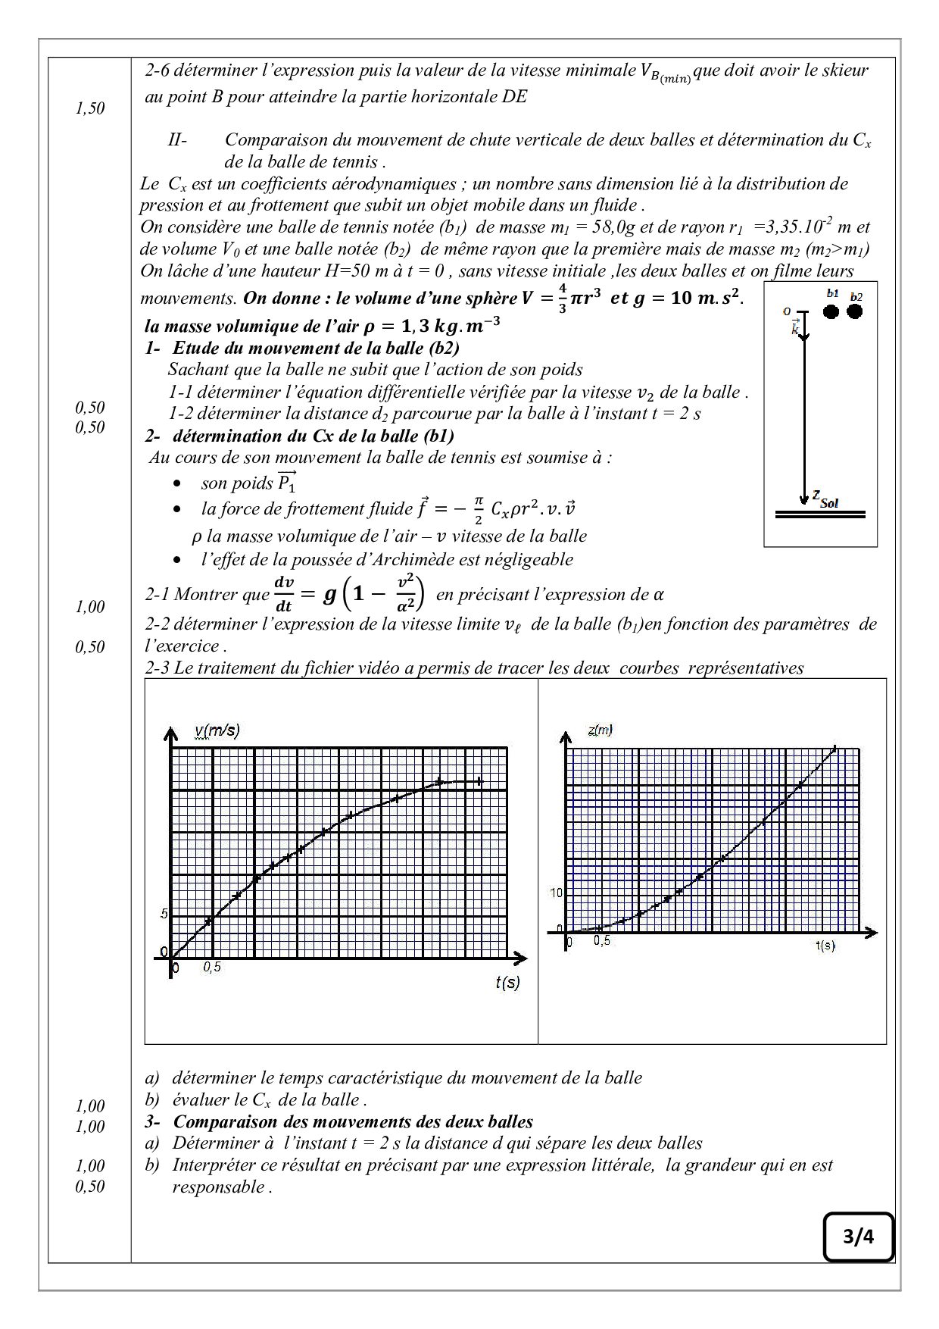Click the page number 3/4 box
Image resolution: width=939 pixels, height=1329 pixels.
pos(858,1237)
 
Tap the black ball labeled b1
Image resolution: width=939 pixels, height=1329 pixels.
pos(831,311)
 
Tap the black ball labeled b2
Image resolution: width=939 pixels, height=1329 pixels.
pos(855,311)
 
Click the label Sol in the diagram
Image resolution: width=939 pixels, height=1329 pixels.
pos(829,502)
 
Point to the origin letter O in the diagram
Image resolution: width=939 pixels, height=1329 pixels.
pos(788,311)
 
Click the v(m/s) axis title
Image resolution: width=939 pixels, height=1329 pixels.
pos(217,730)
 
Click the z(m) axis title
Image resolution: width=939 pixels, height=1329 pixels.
pos(600,730)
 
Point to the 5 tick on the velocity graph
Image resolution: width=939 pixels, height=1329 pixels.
pos(164,914)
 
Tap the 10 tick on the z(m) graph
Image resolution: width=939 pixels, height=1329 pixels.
pos(557,893)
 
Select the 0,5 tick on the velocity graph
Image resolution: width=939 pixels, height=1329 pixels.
pos(212,968)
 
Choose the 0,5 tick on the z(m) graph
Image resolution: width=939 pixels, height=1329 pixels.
pos(602,941)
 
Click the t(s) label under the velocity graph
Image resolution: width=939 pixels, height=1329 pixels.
pos(507,983)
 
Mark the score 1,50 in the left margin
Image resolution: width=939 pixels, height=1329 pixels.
pos(90,108)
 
